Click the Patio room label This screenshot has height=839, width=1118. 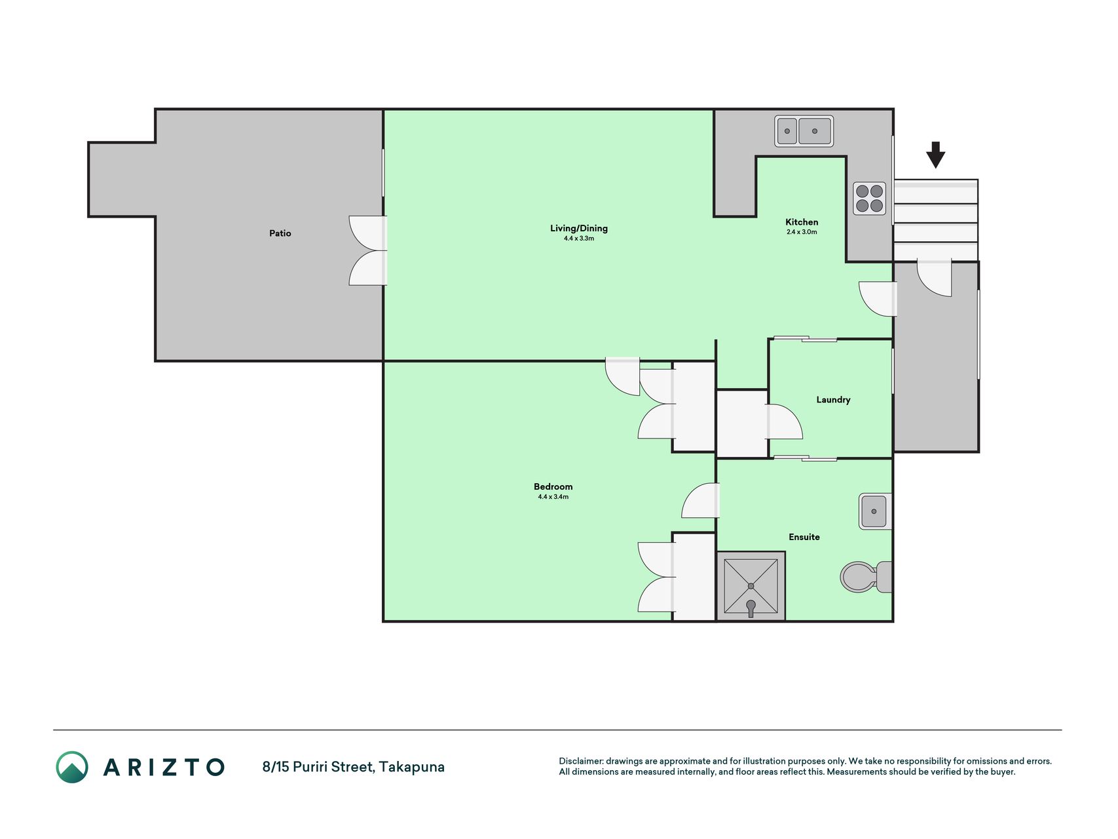(x=280, y=233)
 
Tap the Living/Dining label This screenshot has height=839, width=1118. (x=579, y=228)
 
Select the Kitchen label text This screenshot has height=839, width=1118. (x=802, y=222)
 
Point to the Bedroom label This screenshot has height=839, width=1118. (x=553, y=486)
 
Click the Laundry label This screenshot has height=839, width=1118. (x=833, y=400)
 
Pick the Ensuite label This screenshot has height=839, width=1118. (x=804, y=537)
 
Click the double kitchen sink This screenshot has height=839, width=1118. (x=804, y=131)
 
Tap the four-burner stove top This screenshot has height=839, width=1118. (x=870, y=199)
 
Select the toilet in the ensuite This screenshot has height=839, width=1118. (x=866, y=577)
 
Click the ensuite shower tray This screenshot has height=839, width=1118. (x=751, y=586)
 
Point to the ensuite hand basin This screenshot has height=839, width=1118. (x=875, y=511)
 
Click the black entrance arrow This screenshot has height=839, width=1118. (x=935, y=155)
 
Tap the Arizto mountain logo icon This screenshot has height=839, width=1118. (x=72, y=767)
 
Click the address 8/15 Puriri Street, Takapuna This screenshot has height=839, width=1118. (x=354, y=767)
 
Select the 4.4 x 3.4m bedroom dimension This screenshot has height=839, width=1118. (x=553, y=497)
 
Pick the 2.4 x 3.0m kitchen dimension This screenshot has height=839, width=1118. (x=802, y=232)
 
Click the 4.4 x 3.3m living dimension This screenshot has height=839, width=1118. (x=579, y=239)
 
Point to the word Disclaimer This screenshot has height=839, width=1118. (x=580, y=761)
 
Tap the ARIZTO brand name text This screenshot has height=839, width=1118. (x=164, y=768)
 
